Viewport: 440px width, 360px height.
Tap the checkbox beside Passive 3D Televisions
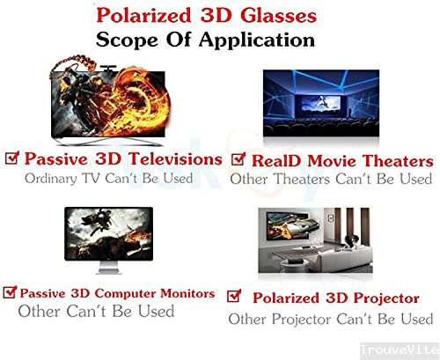pyautogui.click(x=12, y=158)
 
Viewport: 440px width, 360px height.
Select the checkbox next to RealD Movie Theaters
pyautogui.click(x=237, y=160)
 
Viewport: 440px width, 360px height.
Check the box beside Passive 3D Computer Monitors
pyautogui.click(x=10, y=291)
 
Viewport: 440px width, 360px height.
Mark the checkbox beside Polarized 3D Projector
pyautogui.click(x=234, y=296)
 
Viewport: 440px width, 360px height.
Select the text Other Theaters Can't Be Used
pyautogui.click(x=331, y=179)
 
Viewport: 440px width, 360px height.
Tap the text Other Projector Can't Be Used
pyautogui.click(x=331, y=318)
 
